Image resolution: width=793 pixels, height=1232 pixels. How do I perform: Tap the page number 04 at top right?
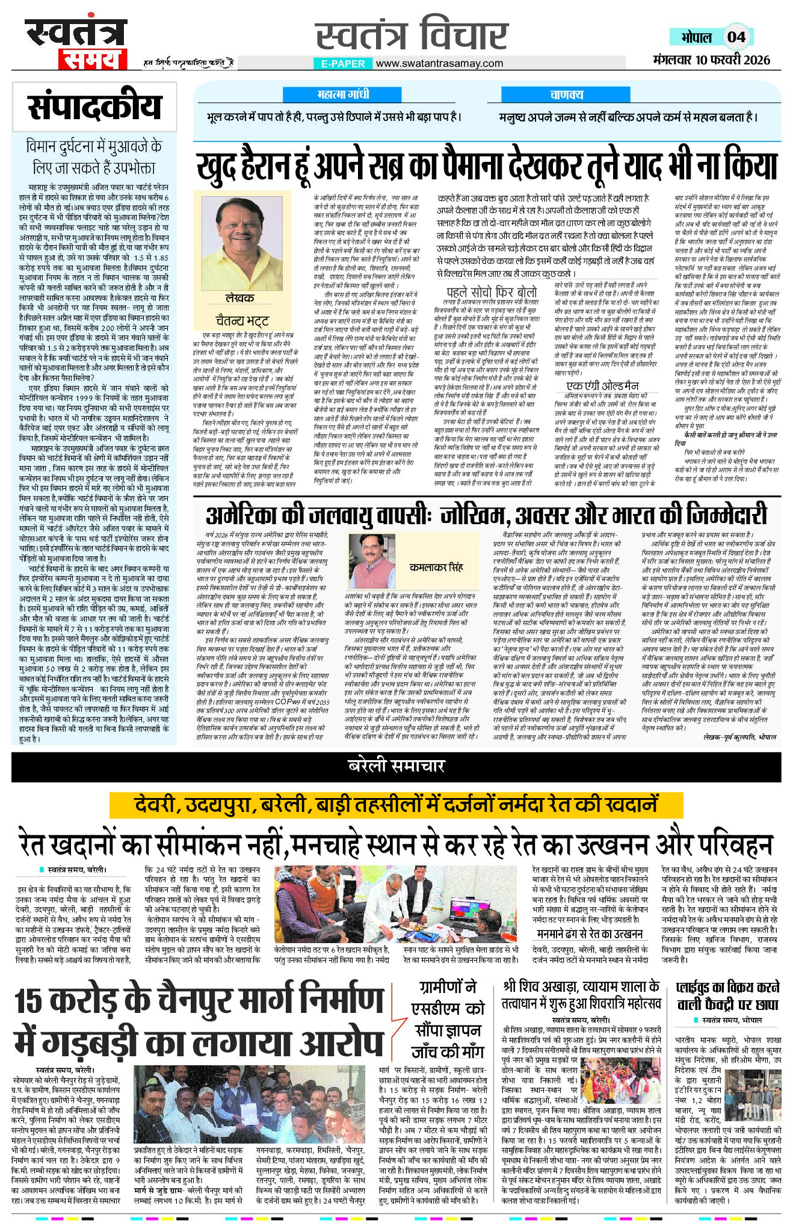[x=736, y=37]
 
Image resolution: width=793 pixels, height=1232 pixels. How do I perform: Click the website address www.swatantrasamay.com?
[x=439, y=63]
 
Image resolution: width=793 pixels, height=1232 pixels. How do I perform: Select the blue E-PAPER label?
[x=344, y=63]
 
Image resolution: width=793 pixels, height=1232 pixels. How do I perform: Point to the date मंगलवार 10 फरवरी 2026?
[x=711, y=60]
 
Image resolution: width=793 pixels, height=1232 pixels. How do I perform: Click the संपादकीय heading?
[x=94, y=107]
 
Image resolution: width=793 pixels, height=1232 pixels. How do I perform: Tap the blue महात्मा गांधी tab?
[x=342, y=94]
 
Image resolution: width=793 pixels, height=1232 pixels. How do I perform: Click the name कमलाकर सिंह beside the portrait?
[x=436, y=567]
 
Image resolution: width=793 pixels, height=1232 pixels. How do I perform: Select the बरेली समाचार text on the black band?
[x=396, y=766]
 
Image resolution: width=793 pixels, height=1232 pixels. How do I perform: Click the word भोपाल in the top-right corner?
[x=696, y=37]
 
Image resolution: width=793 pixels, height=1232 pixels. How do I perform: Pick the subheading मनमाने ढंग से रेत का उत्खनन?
[x=590, y=933]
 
